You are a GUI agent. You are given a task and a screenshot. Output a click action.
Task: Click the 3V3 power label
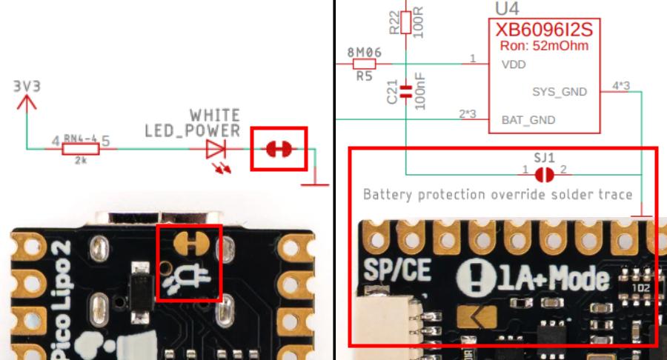[27, 87]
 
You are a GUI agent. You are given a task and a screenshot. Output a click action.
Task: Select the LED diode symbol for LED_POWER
[216, 149]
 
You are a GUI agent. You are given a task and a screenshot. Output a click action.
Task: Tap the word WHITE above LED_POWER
[214, 116]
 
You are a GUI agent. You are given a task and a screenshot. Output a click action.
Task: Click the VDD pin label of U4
[514, 64]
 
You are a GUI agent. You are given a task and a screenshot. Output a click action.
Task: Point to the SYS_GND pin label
[560, 93]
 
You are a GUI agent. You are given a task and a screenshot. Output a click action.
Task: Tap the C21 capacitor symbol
[405, 93]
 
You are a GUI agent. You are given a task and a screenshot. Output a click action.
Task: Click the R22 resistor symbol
[405, 22]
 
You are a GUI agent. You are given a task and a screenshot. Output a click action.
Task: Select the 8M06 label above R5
[364, 53]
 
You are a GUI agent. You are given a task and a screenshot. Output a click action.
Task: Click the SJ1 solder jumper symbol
[544, 173]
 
